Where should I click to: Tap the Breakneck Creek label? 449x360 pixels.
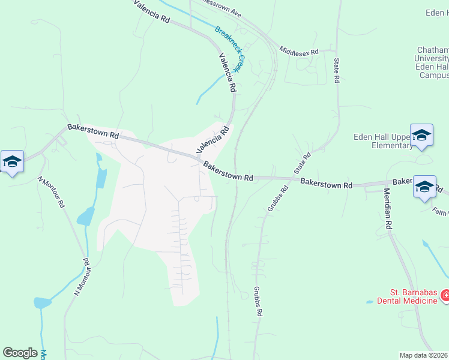click(x=228, y=50)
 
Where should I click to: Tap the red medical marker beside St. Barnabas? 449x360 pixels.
click(x=445, y=295)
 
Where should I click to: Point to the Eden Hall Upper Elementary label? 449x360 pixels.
click(x=380, y=141)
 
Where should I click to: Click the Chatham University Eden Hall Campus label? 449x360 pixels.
click(x=432, y=63)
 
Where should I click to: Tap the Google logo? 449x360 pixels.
click(x=20, y=353)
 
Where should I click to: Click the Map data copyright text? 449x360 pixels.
click(x=424, y=355)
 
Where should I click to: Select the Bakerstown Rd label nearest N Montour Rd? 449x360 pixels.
click(x=92, y=131)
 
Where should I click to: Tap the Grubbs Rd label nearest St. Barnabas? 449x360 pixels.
click(x=258, y=300)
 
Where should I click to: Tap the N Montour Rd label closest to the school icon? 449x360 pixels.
click(x=51, y=191)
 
